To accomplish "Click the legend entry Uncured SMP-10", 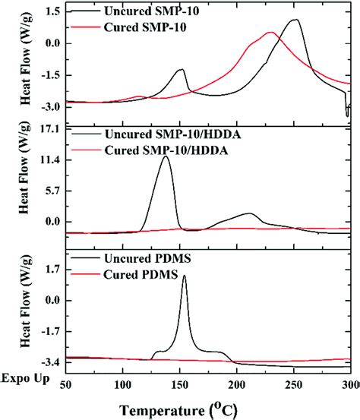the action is pyautogui.click(x=152, y=11).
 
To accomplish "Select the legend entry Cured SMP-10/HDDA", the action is pyautogui.click(x=166, y=150).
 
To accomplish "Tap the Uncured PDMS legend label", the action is pyautogui.click(x=147, y=258).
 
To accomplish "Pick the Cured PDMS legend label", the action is pyautogui.click(x=141, y=274).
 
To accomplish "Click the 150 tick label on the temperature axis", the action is pyautogui.click(x=180, y=385).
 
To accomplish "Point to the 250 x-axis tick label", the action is pyautogui.click(x=294, y=385).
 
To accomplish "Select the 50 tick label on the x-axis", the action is pyautogui.click(x=65, y=385).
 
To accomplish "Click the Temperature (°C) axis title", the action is pyautogui.click(x=178, y=410).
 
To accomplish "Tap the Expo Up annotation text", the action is pyautogui.click(x=26, y=379).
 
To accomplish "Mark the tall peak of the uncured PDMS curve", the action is pyautogui.click(x=184, y=276).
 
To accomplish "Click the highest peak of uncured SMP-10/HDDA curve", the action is pyautogui.click(x=166, y=156).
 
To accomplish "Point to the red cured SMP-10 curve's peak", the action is pyautogui.click(x=271, y=33).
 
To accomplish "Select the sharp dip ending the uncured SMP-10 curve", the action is pyautogui.click(x=347, y=115).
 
